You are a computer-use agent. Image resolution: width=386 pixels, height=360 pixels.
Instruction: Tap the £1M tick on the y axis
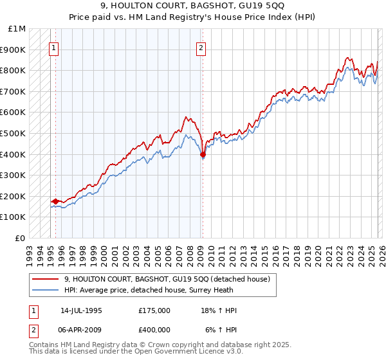[18, 29]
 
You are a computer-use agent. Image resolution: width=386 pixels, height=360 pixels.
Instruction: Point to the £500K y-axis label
[14, 133]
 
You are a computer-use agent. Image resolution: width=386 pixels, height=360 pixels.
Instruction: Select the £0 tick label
[21, 238]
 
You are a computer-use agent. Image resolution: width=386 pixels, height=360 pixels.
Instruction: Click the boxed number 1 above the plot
[54, 46]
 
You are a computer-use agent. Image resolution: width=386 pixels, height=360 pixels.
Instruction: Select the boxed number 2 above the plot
[201, 46]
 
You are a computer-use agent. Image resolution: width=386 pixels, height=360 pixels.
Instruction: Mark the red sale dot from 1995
[55, 201]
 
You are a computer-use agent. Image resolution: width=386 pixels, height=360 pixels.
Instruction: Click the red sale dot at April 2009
[203, 154]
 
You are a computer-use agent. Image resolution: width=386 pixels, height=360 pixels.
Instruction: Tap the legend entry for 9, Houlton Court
[170, 279]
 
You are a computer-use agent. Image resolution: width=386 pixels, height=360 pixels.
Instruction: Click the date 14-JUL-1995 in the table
[81, 310]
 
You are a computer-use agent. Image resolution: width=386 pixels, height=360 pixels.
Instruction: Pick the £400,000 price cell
[154, 329]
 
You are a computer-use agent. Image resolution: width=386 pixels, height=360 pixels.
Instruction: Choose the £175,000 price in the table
[154, 310]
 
